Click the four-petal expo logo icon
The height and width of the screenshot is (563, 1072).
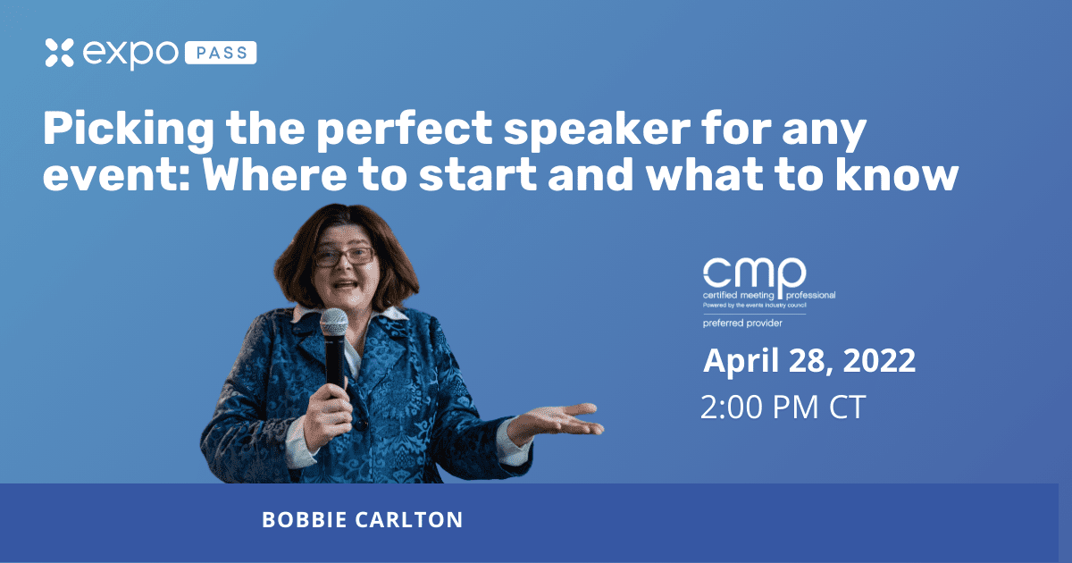[59, 52]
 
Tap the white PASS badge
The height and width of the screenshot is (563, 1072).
[221, 53]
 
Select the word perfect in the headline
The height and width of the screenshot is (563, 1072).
[405, 130]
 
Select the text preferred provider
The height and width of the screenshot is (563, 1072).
[742, 324]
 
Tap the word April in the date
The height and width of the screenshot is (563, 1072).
[741, 362]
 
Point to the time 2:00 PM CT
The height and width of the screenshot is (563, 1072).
[783, 407]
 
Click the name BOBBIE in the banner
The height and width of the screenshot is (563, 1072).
[305, 520]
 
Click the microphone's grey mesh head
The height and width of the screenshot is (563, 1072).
[333, 323]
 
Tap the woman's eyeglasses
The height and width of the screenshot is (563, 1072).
[344, 256]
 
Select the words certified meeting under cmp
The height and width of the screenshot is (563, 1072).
[739, 296]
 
